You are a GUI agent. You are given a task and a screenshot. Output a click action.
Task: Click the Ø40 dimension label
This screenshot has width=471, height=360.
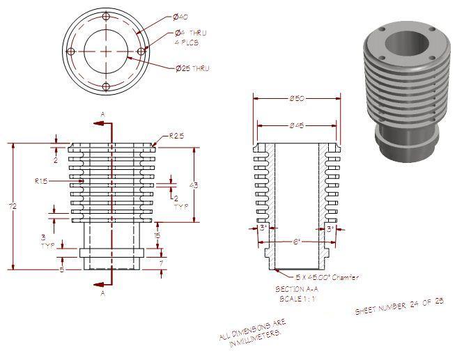(179, 16)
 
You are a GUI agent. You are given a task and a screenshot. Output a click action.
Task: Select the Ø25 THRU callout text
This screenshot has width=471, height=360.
(192, 68)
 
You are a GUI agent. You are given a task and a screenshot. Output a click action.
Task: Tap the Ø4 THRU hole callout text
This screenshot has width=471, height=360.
(190, 33)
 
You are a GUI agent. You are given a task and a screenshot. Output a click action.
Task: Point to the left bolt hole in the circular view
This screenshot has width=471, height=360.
(70, 52)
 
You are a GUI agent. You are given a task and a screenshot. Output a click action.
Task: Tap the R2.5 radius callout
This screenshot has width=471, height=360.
(176, 136)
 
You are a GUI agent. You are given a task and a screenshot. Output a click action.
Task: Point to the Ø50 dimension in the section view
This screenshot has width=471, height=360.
(296, 100)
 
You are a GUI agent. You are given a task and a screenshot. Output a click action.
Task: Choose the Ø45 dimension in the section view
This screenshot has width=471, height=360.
(296, 125)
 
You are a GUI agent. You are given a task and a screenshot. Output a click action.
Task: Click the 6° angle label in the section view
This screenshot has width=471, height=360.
(296, 242)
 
